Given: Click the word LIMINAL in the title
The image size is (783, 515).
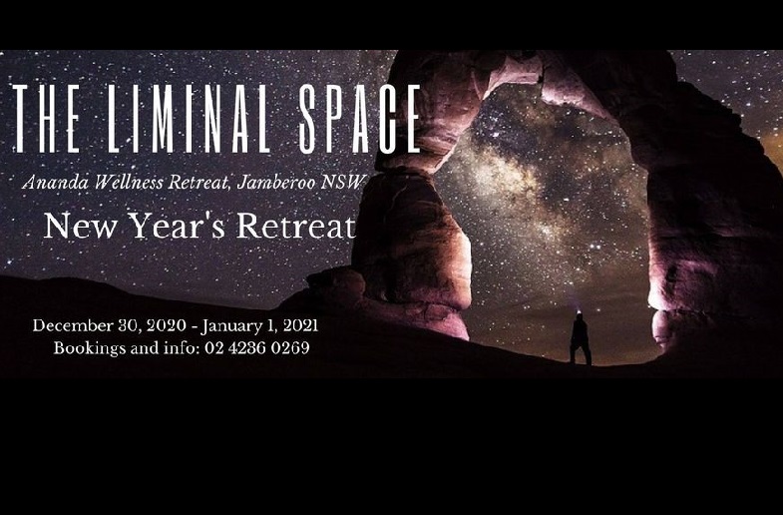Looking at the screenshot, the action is (x=189, y=119).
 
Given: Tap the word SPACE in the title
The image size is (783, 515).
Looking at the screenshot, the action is (x=359, y=119).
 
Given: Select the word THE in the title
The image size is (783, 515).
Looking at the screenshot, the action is (x=46, y=119).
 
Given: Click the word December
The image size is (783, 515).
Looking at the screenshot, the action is (x=73, y=325).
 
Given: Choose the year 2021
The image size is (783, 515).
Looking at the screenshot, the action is (x=300, y=325).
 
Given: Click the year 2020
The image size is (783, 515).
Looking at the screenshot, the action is (x=168, y=325).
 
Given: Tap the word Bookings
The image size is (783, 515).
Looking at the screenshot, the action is (x=90, y=347).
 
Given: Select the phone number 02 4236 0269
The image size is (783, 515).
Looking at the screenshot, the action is (x=256, y=347).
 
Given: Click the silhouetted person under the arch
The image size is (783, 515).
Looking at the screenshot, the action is (x=580, y=338).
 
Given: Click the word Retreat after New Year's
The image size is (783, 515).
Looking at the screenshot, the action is (x=295, y=226).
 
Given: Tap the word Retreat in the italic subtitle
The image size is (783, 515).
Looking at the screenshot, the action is (x=199, y=183).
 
